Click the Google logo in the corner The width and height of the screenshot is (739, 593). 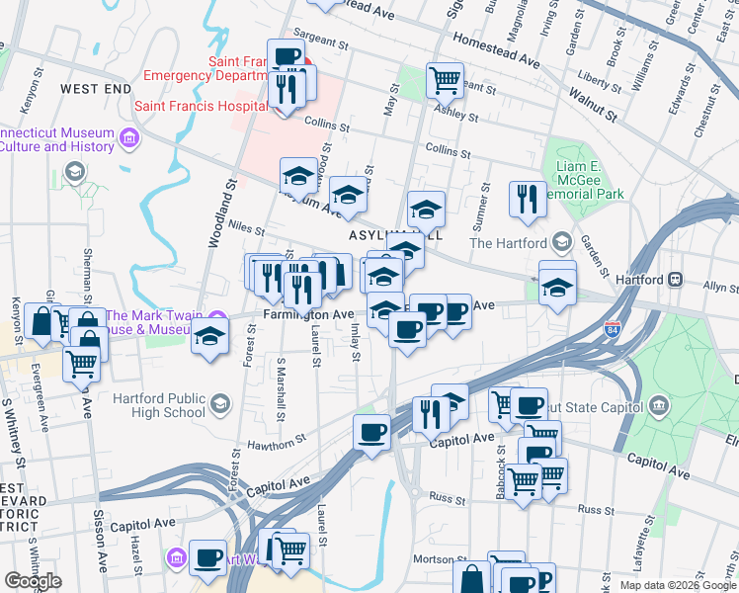pyautogui.click(x=33, y=581)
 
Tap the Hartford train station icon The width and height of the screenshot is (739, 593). pyautogui.click(x=678, y=280)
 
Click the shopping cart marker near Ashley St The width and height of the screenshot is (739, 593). pyautogui.click(x=446, y=79)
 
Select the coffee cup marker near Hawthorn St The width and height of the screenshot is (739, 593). pyautogui.click(x=371, y=431)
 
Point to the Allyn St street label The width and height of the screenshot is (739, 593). pyautogui.click(x=719, y=288)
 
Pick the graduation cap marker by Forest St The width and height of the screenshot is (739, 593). pyautogui.click(x=209, y=336)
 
